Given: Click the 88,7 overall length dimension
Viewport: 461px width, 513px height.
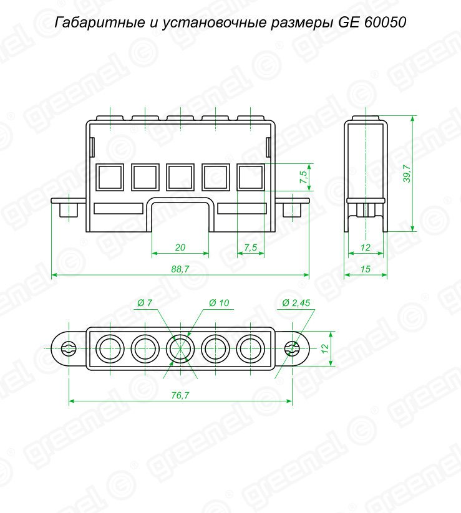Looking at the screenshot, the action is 180,269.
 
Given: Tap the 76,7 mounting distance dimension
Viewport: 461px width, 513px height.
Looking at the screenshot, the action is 180,396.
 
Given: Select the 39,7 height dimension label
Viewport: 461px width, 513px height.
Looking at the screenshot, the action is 407,173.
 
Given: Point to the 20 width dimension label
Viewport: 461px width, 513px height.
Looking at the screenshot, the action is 180,247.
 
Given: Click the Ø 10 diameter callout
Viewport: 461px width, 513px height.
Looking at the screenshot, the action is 219,303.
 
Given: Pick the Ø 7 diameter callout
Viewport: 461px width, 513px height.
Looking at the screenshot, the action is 145,303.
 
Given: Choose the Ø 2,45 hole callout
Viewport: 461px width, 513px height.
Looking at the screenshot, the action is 296,303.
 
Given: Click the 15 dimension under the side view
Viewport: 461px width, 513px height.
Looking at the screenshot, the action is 366,269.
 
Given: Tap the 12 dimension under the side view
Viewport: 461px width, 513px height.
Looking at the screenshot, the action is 366,247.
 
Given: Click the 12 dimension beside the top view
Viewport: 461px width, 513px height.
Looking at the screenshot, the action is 325,348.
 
